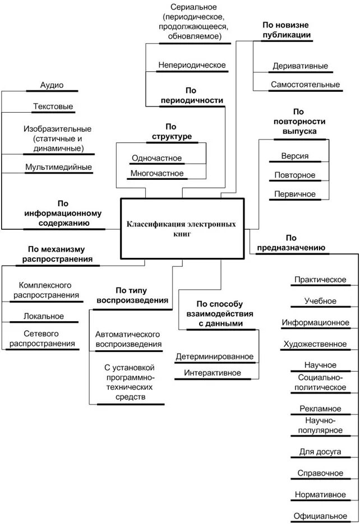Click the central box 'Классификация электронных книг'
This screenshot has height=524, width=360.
[x=183, y=229]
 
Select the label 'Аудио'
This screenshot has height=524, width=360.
[x=52, y=85]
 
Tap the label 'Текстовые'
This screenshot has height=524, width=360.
[x=53, y=106]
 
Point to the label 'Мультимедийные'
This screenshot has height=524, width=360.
[x=58, y=167]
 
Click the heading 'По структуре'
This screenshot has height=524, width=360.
[x=172, y=132]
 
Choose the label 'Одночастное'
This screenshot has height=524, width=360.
[x=156, y=159]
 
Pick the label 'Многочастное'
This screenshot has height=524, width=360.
[x=156, y=173]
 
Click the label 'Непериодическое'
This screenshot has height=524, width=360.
[x=192, y=65]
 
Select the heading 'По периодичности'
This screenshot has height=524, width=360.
[x=192, y=95]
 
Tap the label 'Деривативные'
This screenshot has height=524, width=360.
[x=300, y=66]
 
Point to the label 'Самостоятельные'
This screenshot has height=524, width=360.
[x=305, y=85]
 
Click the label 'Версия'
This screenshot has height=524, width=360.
[x=295, y=156]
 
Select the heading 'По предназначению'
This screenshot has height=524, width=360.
[x=290, y=242]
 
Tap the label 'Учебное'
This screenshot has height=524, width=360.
[x=320, y=301]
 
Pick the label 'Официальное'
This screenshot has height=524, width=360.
[x=320, y=515]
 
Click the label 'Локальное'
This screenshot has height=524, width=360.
[x=44, y=317]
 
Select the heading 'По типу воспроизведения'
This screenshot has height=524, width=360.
[x=132, y=295]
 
